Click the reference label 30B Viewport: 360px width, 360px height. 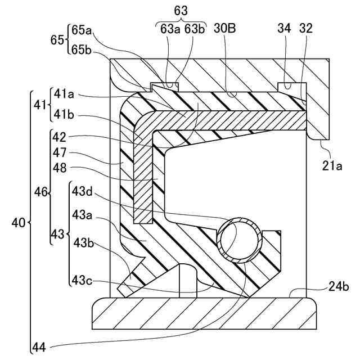tap(225, 29)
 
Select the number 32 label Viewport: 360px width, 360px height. tap(306, 29)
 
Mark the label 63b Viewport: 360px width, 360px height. tap(194, 29)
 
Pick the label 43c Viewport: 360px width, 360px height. tap(83, 278)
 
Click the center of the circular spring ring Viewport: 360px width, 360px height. tap(241, 240)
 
